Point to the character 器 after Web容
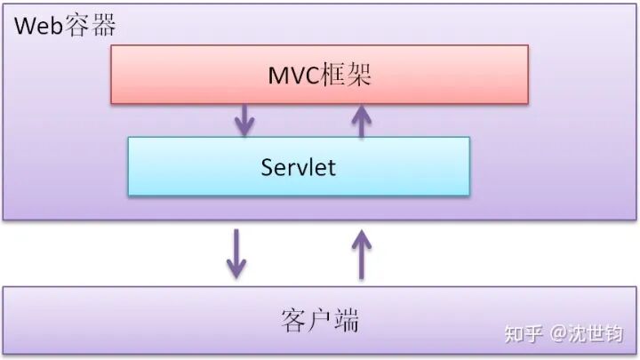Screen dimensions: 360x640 point(102,25)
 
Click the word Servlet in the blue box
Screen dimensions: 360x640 point(299,166)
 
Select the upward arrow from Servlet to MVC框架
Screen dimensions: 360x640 point(360,120)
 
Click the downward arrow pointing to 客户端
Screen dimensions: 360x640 point(236,254)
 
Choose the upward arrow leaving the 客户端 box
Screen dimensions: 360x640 point(361,254)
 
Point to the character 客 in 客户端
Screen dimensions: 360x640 point(294,320)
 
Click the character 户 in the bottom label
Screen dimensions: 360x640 point(320,320)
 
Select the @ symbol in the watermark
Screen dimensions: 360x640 point(559,333)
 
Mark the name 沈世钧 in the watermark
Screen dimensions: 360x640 point(600,333)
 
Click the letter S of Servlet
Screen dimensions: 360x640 point(267,166)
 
